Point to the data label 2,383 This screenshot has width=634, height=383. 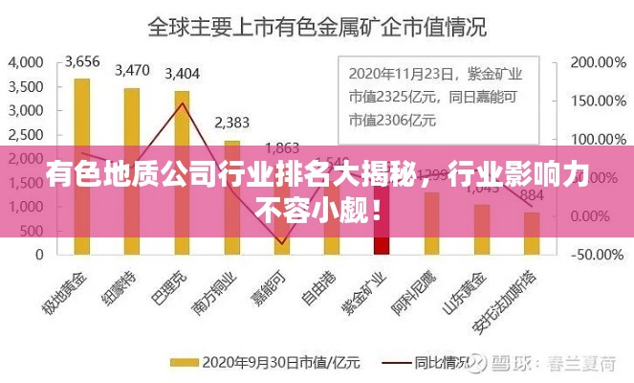pos(231,122)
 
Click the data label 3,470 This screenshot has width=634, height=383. pos(132,70)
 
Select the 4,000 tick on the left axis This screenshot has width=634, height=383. pos(26,62)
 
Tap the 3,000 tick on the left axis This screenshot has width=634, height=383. pos(26,110)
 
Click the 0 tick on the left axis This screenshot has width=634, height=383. pos(39,255)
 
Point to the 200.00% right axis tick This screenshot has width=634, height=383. pos(598,62)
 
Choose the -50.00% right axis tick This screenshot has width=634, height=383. pos(598,255)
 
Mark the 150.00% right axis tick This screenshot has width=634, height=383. pos(598,101)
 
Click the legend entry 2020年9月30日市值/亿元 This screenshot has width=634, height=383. pos(266,363)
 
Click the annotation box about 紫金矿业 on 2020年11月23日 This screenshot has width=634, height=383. pos(438,96)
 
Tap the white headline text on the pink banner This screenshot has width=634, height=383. pos(317,191)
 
